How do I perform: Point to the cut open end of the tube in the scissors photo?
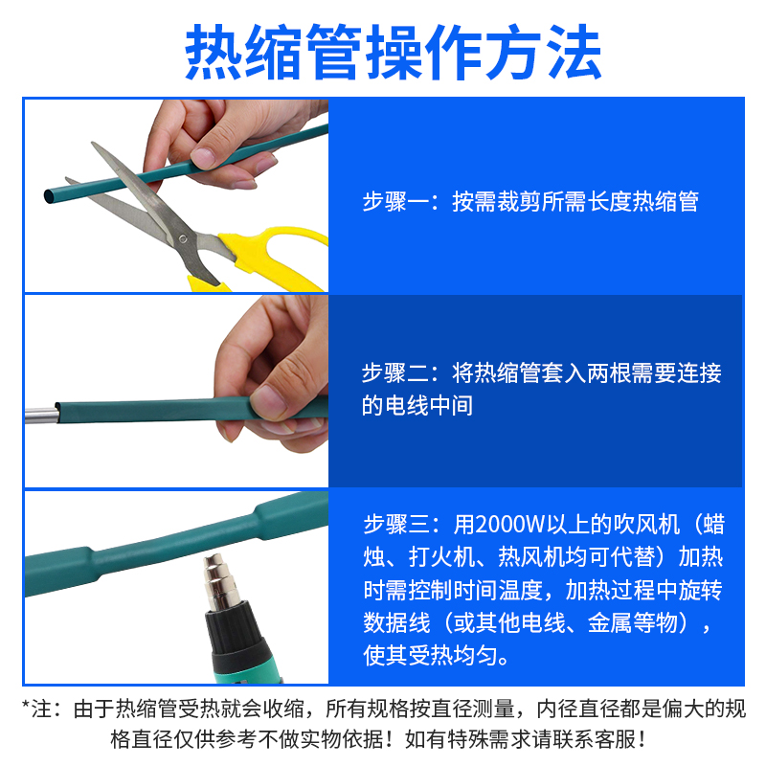click(49, 196)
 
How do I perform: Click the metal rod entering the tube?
click(40, 414)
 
